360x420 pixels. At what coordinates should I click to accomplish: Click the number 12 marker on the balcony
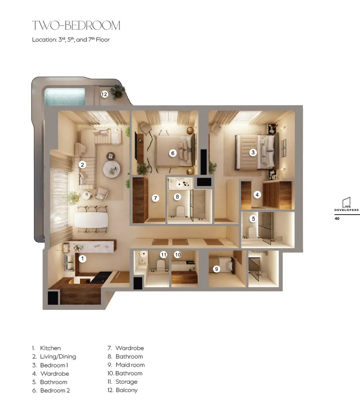tap(104, 94)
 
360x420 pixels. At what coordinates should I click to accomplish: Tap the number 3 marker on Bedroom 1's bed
tap(253, 153)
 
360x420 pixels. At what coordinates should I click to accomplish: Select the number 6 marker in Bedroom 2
tap(173, 153)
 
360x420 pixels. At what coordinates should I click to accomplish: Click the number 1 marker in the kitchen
tap(82, 259)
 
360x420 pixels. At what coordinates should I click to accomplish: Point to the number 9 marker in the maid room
tap(217, 269)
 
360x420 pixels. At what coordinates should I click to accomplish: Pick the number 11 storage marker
tap(163, 255)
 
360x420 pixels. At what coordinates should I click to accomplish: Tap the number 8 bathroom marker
tap(177, 197)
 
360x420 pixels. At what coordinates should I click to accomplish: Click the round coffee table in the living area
tap(111, 169)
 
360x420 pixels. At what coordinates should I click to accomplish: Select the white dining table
tap(91, 220)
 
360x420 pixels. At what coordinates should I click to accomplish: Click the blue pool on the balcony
tap(65, 97)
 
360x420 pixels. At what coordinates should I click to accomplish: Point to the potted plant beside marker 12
tap(117, 92)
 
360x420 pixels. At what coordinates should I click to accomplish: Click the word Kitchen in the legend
tap(50, 348)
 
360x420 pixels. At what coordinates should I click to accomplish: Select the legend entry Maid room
tap(130, 365)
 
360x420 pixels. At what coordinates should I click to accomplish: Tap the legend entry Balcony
tap(127, 390)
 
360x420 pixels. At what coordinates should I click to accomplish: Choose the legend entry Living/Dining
tap(58, 356)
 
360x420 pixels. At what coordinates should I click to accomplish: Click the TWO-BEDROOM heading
tap(76, 26)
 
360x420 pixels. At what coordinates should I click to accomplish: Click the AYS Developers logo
tap(346, 204)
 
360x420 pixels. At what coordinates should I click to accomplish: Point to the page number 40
tap(337, 219)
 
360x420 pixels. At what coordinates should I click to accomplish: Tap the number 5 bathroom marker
tap(253, 219)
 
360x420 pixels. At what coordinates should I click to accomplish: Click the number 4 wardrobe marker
tap(257, 195)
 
